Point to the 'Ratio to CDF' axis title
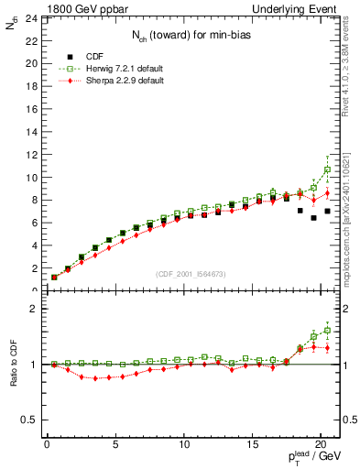14,364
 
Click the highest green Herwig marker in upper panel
327,169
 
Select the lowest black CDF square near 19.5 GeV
313,218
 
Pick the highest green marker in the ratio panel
327,330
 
